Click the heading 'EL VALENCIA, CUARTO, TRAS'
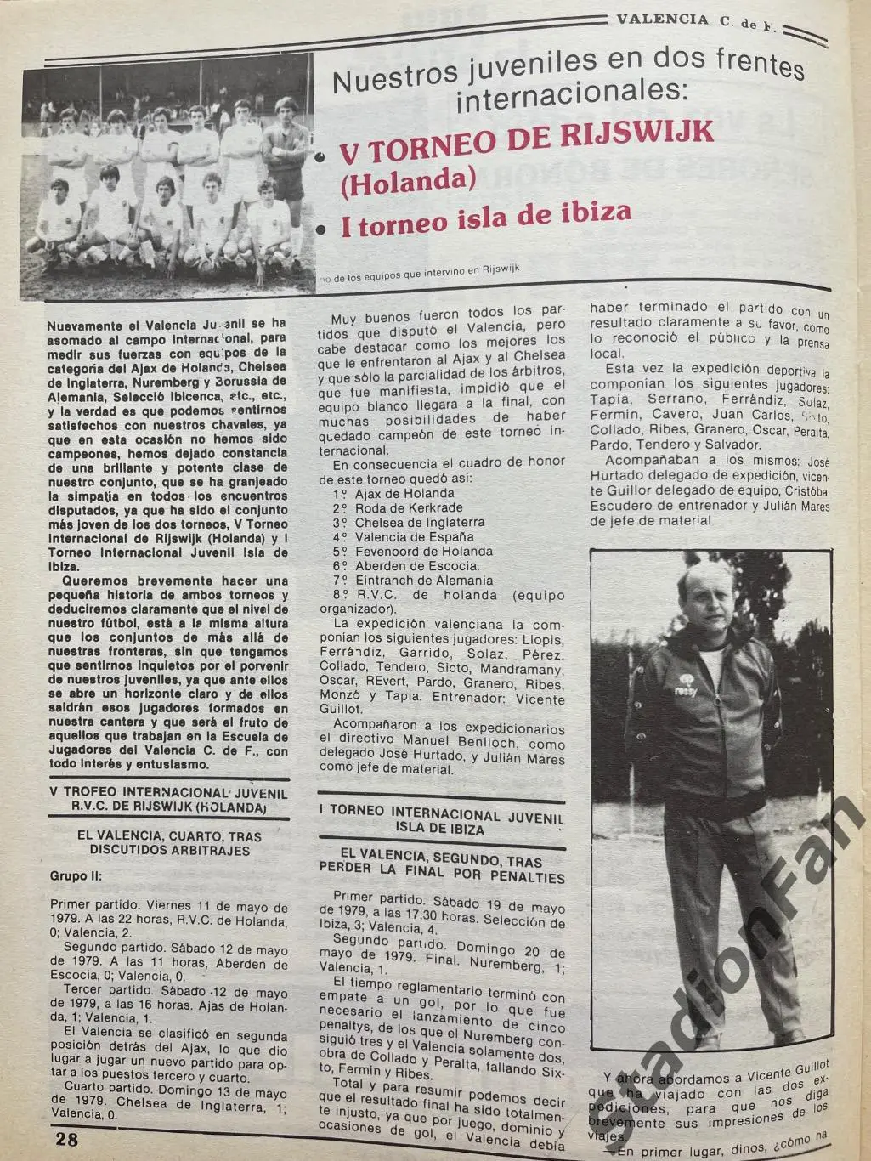tap(168, 835)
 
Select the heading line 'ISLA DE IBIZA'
tap(440, 829)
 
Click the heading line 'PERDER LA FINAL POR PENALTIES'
tap(441, 876)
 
